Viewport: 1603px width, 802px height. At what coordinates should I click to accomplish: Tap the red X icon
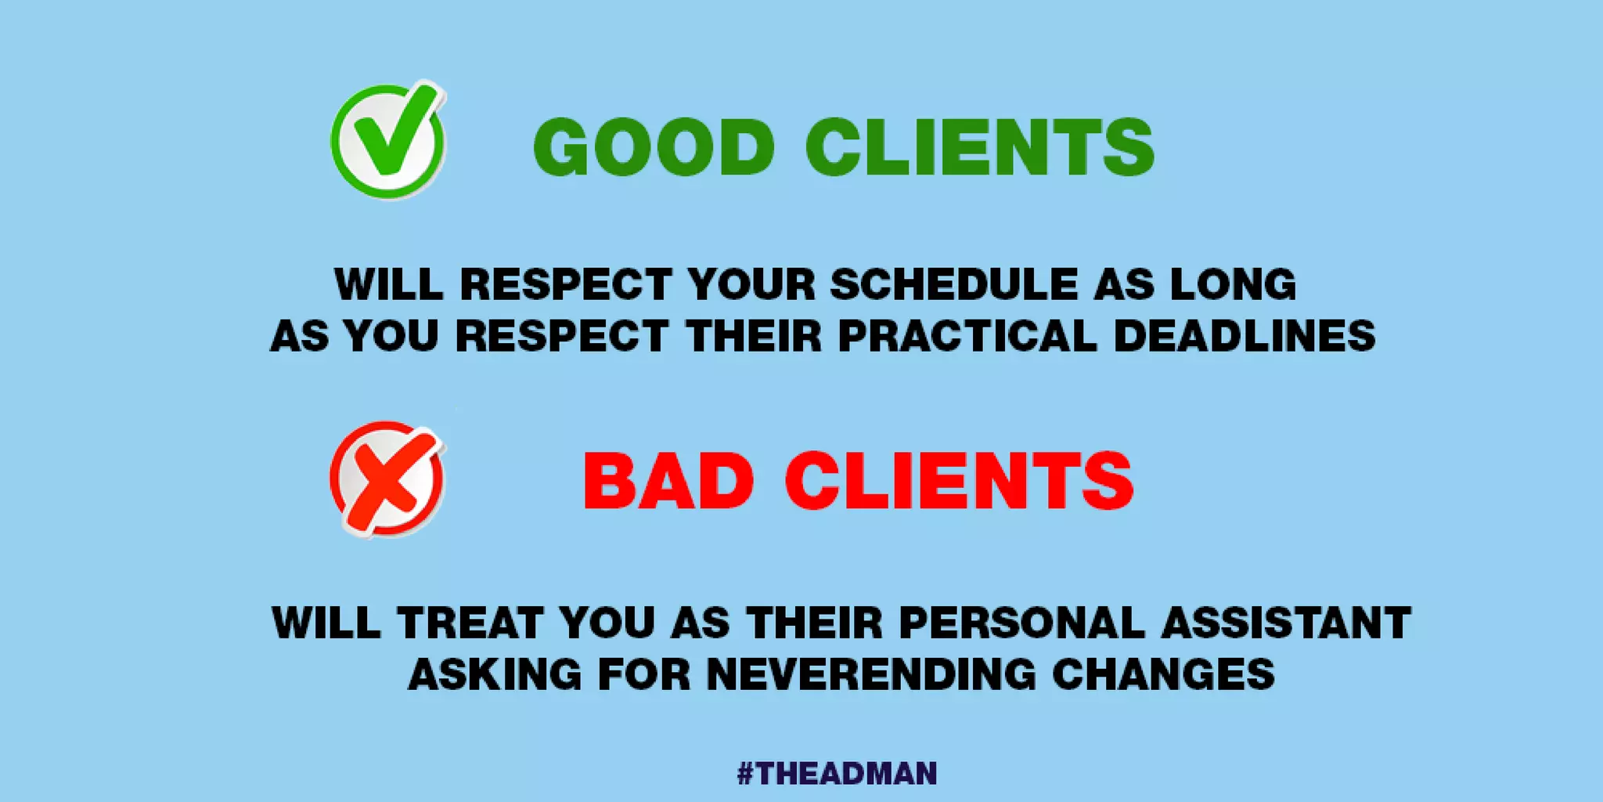point(387,479)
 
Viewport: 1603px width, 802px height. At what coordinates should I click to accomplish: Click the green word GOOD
point(654,147)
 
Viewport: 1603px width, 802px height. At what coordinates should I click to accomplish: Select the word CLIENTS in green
point(979,147)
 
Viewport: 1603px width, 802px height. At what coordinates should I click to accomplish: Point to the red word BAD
point(669,481)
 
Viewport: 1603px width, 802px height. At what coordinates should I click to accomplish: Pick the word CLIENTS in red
point(959,481)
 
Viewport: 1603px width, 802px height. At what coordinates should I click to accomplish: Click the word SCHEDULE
point(954,284)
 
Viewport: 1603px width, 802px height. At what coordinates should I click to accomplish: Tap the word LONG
point(1233,284)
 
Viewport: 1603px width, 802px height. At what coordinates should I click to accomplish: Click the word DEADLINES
point(1244,336)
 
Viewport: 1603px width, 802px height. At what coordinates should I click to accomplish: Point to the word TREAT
point(470,623)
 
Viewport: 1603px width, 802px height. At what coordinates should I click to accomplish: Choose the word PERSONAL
point(1022,623)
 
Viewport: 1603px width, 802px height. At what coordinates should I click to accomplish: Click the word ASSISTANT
point(1286,623)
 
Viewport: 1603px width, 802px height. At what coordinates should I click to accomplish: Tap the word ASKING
point(495,674)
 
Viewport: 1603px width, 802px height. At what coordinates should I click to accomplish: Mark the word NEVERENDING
point(871,674)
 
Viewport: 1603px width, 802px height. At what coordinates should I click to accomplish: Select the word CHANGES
point(1163,674)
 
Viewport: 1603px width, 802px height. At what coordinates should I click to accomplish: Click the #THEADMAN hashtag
point(837,774)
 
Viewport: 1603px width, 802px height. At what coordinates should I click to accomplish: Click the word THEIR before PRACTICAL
point(754,336)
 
